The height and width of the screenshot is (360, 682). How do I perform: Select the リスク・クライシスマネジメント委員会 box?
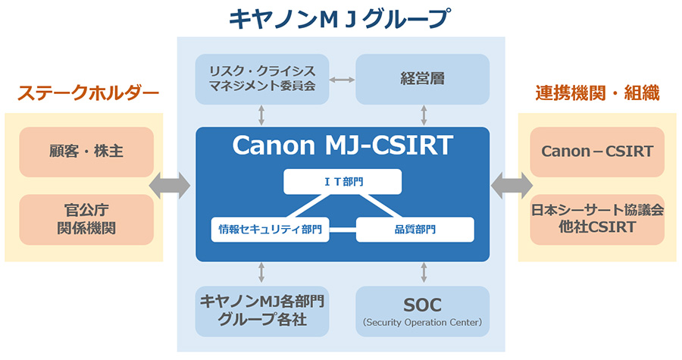click(262, 79)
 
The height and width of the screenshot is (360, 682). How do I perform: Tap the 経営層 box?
click(422, 79)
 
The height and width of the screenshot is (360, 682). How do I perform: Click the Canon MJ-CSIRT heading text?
click(342, 146)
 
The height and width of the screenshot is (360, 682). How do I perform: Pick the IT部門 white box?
click(343, 181)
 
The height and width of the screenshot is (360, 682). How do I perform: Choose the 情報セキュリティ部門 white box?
click(269, 229)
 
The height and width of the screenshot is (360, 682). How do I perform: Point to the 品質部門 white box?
click(415, 229)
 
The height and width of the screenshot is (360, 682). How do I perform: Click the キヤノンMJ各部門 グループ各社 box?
click(262, 311)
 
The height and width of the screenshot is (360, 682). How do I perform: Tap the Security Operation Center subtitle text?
click(422, 323)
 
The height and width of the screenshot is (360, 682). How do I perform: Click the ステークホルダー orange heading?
click(88, 93)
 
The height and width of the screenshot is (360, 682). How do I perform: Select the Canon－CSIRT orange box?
click(597, 152)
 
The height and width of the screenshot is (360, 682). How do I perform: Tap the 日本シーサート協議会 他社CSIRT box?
click(597, 220)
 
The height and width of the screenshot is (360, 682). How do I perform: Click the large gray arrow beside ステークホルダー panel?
click(170, 186)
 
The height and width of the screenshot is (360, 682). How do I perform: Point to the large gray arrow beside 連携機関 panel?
click(512, 186)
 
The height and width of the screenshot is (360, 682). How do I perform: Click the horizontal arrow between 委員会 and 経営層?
click(343, 79)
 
